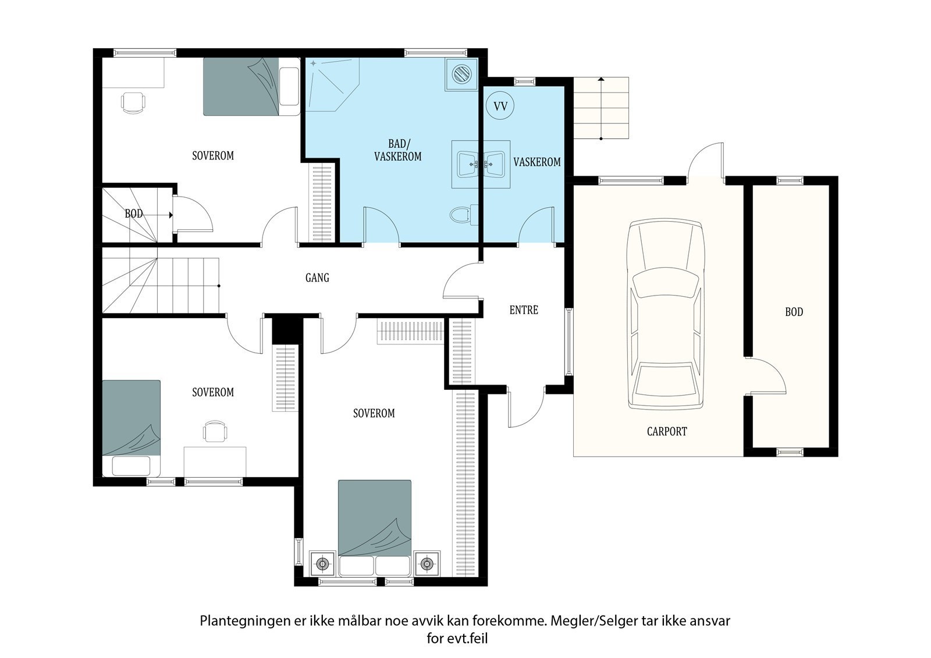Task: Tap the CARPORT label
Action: (667, 432)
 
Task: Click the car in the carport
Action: (666, 314)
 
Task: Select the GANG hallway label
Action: (317, 278)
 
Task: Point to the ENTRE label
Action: (524, 310)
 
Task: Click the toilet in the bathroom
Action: (464, 215)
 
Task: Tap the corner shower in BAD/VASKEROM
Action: (332, 84)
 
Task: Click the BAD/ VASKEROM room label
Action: (398, 150)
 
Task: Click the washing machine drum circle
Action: (461, 74)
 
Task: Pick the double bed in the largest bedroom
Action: (375, 528)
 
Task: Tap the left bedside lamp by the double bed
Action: (322, 564)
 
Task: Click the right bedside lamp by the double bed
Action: (427, 564)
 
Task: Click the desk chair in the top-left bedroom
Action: (133, 102)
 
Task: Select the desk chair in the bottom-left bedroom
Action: (215, 431)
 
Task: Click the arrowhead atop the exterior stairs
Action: (601, 79)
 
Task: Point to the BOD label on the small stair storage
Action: (133, 214)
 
